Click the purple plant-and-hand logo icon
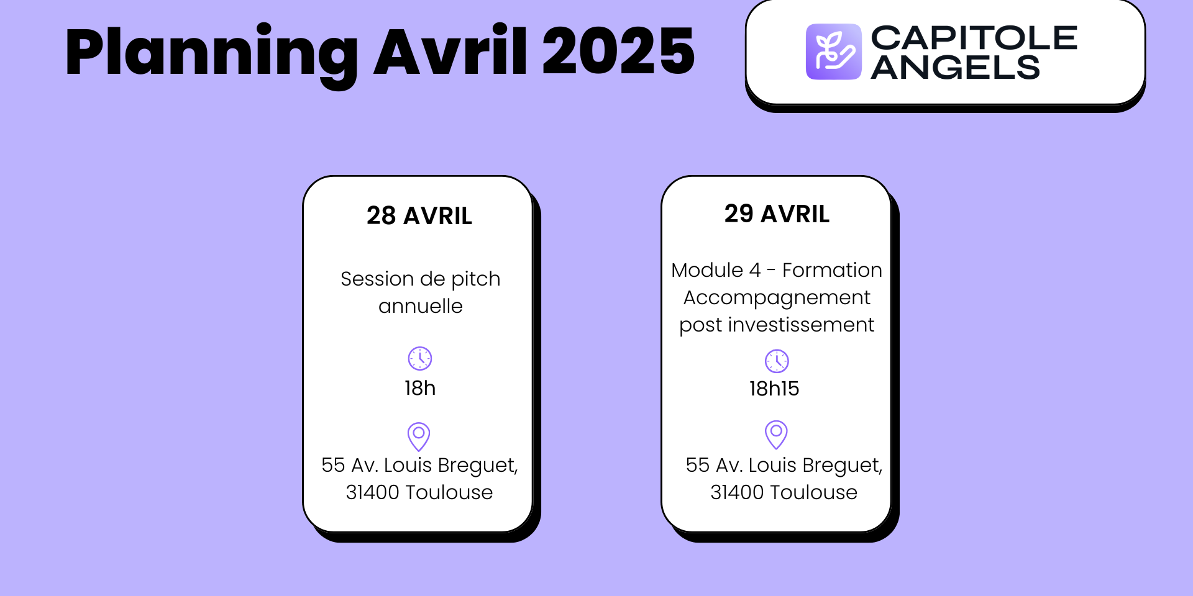pyautogui.click(x=833, y=52)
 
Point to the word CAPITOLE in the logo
pyautogui.click(x=974, y=38)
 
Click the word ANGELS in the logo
pyautogui.click(x=955, y=68)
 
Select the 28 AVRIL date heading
pyautogui.click(x=419, y=216)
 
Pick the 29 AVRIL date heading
pyautogui.click(x=777, y=214)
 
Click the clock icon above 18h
pyautogui.click(x=420, y=358)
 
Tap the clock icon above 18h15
pyautogui.click(x=777, y=361)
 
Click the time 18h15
pyautogui.click(x=774, y=389)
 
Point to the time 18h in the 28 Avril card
pyautogui.click(x=420, y=388)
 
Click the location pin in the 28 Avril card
pyautogui.click(x=419, y=436)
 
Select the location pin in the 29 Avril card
pyautogui.click(x=776, y=434)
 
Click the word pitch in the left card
pyautogui.click(x=475, y=279)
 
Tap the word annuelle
pyautogui.click(x=421, y=306)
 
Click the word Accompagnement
pyautogui.click(x=777, y=298)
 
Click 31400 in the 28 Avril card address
pyautogui.click(x=372, y=492)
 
